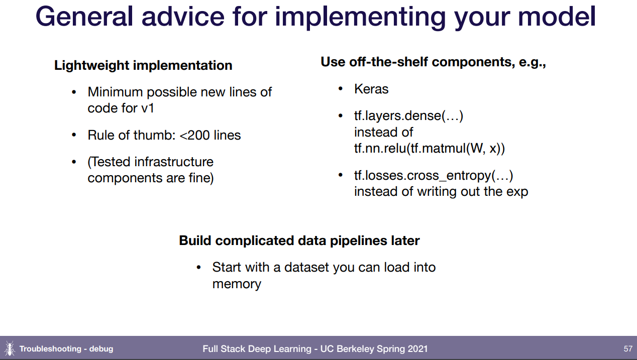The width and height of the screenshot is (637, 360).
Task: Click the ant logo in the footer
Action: click(x=10, y=348)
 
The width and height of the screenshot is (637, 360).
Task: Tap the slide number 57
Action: click(x=628, y=348)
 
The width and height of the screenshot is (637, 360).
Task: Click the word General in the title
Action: click(x=84, y=17)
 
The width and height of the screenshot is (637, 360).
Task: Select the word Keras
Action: click(x=371, y=89)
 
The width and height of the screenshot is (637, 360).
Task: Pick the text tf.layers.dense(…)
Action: click(x=408, y=116)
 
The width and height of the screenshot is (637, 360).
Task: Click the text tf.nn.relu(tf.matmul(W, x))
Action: click(x=430, y=149)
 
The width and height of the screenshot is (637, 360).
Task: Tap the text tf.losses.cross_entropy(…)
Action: click(x=434, y=176)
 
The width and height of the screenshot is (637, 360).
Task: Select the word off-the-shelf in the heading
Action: click(x=388, y=62)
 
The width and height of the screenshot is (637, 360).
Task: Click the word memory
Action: click(x=237, y=284)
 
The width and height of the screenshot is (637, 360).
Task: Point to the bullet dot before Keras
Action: click(x=341, y=89)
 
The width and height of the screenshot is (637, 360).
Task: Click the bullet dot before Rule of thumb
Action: click(x=74, y=135)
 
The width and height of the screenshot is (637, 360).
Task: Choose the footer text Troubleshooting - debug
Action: click(x=66, y=348)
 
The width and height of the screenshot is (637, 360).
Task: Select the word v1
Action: click(x=148, y=108)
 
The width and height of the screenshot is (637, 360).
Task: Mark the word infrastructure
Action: click(x=174, y=162)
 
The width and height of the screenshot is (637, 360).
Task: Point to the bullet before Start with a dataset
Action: click(x=199, y=268)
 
